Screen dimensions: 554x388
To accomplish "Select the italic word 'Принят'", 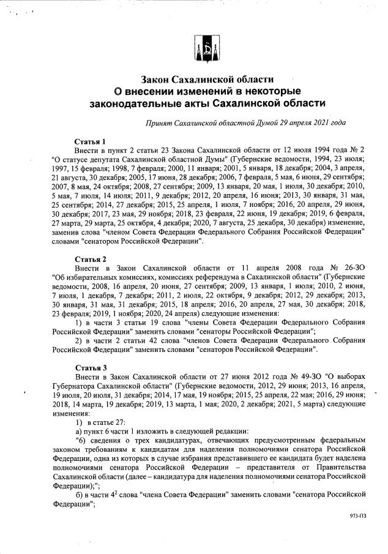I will (159, 123).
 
